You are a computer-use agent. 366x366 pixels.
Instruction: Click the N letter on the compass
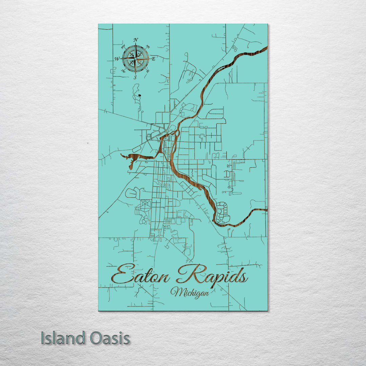(136, 40)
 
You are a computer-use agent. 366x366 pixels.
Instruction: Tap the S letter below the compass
(135, 78)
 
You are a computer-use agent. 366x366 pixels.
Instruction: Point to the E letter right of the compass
(153, 59)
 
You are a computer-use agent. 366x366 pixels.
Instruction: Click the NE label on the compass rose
(147, 47)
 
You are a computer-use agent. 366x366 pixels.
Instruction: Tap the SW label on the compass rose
(123, 71)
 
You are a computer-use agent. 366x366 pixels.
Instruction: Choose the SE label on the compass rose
(147, 71)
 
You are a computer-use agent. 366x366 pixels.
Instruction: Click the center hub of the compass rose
(135, 59)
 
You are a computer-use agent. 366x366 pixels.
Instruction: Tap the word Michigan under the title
(189, 292)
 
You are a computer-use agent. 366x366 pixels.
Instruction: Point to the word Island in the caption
(63, 338)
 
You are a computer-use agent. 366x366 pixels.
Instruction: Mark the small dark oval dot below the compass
(140, 96)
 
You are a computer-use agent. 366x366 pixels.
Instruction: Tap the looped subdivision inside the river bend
(223, 212)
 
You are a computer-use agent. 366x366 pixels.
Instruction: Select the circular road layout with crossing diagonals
(145, 206)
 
